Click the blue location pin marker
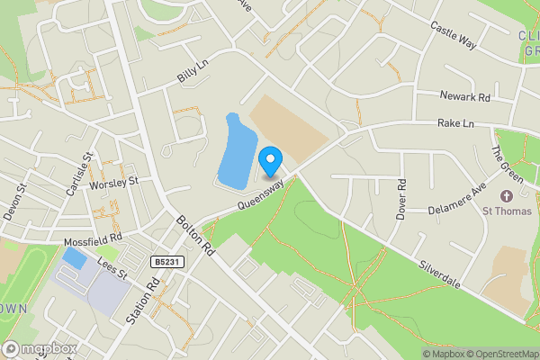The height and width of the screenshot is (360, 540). [x=269, y=162]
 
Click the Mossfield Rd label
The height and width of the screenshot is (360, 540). [x=92, y=242]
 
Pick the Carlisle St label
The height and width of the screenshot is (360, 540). [x=87, y=167]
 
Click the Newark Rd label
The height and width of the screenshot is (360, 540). [x=464, y=96]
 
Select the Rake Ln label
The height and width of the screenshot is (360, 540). [x=455, y=122]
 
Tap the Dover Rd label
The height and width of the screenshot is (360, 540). [x=401, y=199]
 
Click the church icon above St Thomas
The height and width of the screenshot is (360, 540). [x=506, y=195]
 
